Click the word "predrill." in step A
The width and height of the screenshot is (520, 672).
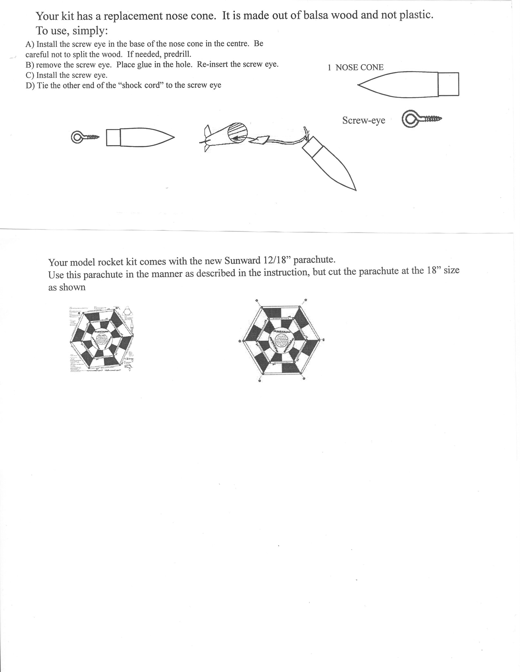[x=177, y=54]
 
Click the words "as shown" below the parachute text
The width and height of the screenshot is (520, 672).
[x=67, y=287]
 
